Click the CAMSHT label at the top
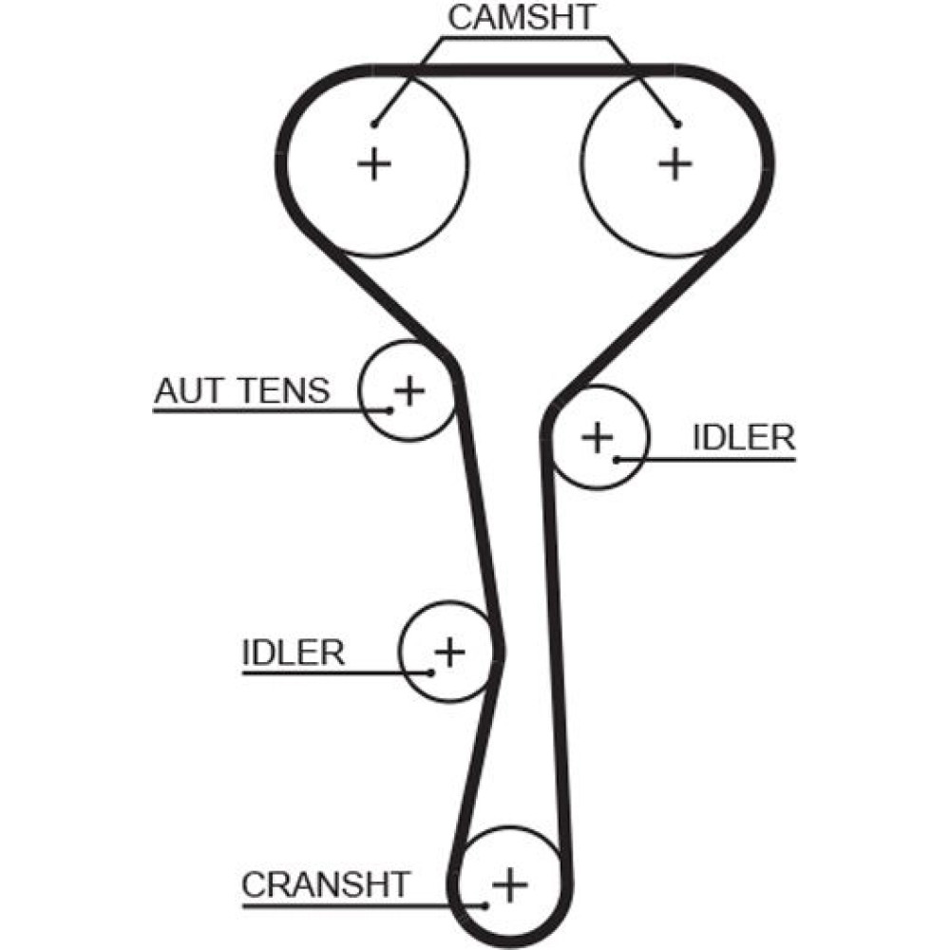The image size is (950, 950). click(522, 17)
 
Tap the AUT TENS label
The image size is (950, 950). click(242, 390)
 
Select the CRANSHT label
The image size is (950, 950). click(325, 884)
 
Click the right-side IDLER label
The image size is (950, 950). click(743, 438)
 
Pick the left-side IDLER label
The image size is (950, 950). click(293, 653)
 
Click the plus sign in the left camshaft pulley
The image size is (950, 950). click(374, 164)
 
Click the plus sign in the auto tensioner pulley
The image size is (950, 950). click(409, 389)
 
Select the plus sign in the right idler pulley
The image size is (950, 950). click(598, 437)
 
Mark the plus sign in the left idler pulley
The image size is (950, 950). click(449, 653)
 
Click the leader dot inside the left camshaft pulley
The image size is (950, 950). click(375, 123)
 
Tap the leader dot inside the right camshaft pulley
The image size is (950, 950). click(677, 123)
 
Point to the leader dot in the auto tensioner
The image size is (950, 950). click(390, 410)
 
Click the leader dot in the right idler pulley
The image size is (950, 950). click(617, 460)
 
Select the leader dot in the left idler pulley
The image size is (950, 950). click(431, 673)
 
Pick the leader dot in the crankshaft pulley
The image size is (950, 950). click(486, 904)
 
